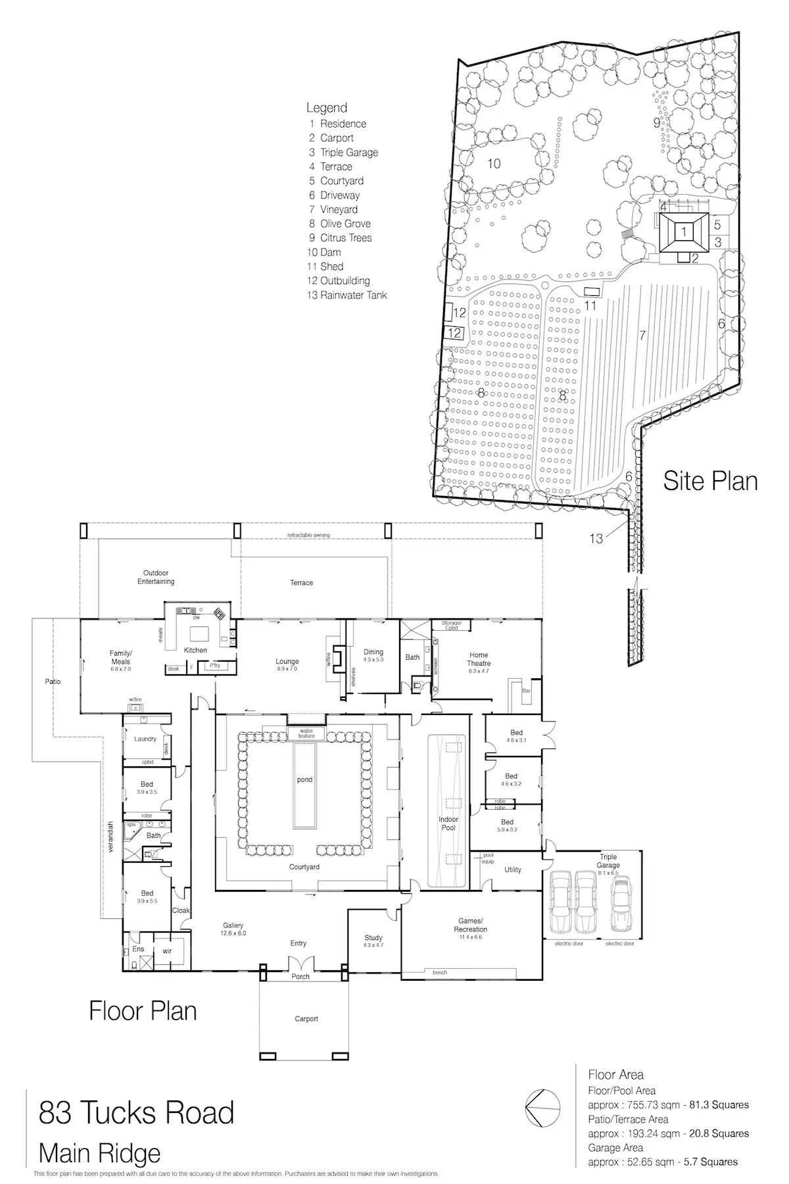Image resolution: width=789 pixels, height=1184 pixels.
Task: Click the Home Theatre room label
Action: (479, 659)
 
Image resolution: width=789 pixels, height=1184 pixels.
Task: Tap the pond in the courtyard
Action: (304, 780)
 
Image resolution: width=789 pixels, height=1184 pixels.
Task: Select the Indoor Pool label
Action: (448, 824)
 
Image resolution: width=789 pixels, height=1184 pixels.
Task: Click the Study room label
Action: (373, 938)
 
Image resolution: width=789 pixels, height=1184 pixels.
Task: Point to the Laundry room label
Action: (145, 739)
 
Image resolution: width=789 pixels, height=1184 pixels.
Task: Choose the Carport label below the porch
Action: (306, 1019)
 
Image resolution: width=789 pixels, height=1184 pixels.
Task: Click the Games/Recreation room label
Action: (470, 925)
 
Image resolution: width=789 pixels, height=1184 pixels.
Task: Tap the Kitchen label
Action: (195, 650)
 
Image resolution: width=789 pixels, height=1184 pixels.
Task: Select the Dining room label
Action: (373, 652)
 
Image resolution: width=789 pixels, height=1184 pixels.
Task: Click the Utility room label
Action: (513, 870)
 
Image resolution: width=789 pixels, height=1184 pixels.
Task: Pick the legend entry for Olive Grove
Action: (340, 224)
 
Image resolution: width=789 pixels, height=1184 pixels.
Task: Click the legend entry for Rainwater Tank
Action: (347, 295)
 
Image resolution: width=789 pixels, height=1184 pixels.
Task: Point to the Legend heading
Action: (327, 108)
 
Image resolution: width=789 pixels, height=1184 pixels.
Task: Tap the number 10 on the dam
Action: (494, 163)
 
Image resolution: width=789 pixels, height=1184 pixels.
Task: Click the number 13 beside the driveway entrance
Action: (596, 539)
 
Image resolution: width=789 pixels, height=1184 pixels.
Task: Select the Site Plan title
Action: (710, 481)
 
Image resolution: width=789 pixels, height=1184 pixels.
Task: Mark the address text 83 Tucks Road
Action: (137, 1113)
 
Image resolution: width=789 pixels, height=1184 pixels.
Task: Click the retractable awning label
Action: (308, 535)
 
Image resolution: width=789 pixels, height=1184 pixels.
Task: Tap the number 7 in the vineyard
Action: (642, 335)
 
